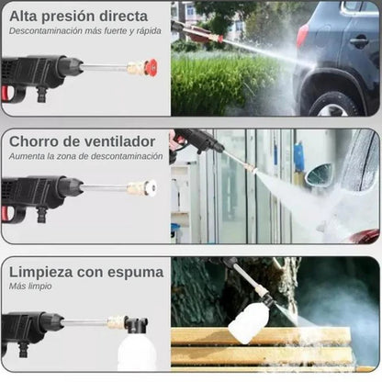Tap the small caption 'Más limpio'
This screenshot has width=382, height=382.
pos(31,286)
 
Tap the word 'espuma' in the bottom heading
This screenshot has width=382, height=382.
pos(136,272)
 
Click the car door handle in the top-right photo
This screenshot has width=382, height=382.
pos(356,42)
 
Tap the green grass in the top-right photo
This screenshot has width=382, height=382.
pos(230,87)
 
